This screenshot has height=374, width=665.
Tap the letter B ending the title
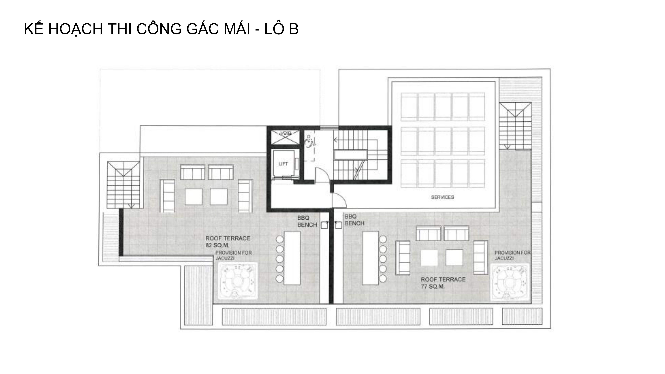pos(293,29)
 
